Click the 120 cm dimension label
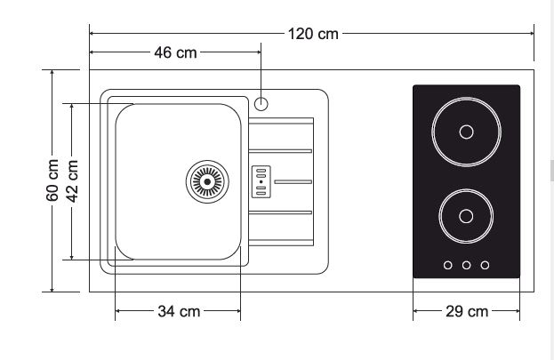pos(313,34)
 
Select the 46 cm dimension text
pos(175,52)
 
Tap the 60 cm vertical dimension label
pos(53,180)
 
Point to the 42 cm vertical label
pos(73,180)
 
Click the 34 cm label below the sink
pos(178,311)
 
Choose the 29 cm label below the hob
pos(467,311)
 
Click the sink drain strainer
pos(206,181)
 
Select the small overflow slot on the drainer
pos(261,181)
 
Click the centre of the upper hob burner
pos(466,134)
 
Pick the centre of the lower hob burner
pos(466,216)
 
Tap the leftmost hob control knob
pos(447,264)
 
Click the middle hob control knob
pos(466,264)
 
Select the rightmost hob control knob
pos(485,264)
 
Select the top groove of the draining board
pos(280,120)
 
